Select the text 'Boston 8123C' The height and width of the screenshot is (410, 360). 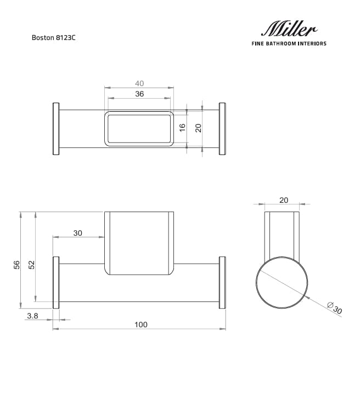[53, 39]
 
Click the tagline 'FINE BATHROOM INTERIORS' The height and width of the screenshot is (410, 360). [288, 43]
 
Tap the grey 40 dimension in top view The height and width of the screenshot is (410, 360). [139, 83]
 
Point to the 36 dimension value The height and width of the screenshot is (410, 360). [139, 94]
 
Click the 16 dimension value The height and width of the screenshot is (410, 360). [183, 127]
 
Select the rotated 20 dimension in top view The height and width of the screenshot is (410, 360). [199, 127]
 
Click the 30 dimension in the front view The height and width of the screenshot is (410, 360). [77, 233]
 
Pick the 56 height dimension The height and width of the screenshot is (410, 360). [16, 265]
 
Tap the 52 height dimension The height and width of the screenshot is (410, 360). [31, 265]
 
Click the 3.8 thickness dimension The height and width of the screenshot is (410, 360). [32, 316]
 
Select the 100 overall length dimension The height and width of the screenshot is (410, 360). [140, 324]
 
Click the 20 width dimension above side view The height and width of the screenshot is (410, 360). [283, 200]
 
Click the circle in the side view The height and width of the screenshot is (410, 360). [283, 283]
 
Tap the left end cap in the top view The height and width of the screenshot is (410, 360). [55, 129]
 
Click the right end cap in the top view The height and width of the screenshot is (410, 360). [222, 129]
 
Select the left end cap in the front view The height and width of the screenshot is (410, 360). [55, 283]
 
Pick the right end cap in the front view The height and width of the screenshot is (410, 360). [222, 283]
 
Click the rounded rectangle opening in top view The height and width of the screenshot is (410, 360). [139, 129]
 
